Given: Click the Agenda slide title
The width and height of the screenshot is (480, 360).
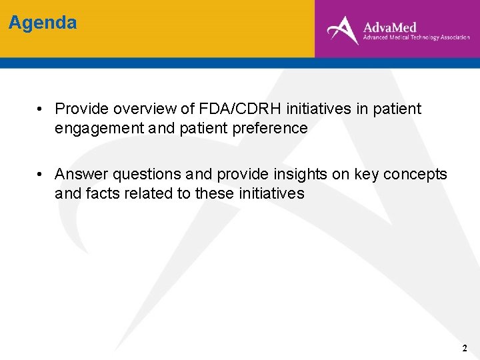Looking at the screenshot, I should [43, 23].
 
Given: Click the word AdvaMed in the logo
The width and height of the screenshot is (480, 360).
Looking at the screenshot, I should [389, 27].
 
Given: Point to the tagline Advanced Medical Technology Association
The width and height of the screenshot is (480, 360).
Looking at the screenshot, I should [416, 38].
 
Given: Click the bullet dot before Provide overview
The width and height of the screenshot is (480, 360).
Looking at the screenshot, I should [41, 109].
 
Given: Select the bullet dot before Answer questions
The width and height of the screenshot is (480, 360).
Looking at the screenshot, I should [41, 174].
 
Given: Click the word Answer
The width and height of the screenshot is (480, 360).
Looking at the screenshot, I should [81, 174].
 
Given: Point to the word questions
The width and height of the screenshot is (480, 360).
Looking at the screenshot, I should [147, 174].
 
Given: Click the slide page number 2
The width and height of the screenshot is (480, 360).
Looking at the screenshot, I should [465, 349].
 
